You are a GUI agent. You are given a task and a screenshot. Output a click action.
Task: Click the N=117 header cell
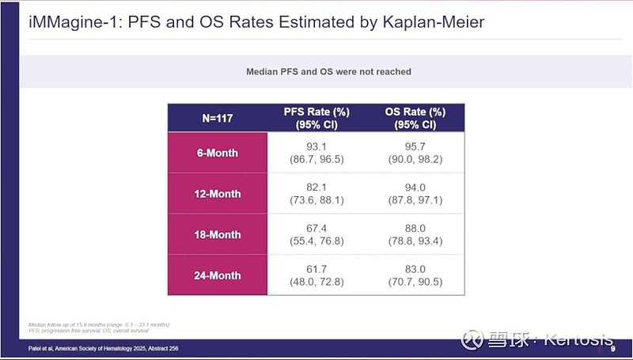click(x=217, y=118)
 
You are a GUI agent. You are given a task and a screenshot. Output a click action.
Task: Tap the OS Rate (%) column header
click(x=415, y=118)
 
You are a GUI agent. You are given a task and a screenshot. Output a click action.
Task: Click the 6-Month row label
click(x=217, y=153)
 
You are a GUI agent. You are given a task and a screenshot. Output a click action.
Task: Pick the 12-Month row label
click(x=217, y=194)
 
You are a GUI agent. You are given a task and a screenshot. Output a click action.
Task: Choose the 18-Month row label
click(x=217, y=235)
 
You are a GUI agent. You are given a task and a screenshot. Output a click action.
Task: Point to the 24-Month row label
click(x=217, y=276)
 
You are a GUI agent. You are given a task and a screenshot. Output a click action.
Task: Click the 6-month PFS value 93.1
click(x=316, y=147)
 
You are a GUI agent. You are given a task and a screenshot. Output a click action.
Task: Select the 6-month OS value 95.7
click(x=415, y=147)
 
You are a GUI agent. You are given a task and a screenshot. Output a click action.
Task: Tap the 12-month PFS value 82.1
click(x=316, y=188)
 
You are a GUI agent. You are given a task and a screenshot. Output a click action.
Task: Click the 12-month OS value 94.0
click(x=415, y=188)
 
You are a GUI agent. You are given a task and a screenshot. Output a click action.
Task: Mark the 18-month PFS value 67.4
click(x=316, y=229)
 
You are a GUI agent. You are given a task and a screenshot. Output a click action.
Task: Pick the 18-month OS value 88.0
click(x=415, y=229)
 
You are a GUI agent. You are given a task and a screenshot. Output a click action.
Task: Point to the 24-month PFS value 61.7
click(x=316, y=270)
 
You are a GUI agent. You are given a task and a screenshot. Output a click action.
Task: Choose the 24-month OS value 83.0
click(x=415, y=270)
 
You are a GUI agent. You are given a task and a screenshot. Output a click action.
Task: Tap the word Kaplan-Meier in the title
click(x=425, y=21)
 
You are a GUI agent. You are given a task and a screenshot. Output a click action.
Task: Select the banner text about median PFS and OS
click(x=328, y=72)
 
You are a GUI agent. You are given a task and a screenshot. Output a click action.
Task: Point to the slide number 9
click(x=612, y=349)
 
